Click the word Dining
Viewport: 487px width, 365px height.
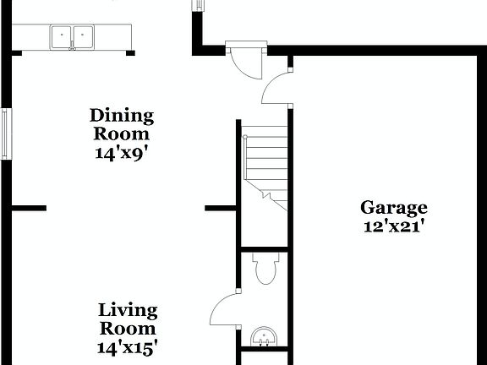122,116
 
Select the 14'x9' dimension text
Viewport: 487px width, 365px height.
122,153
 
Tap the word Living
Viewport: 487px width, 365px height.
128,310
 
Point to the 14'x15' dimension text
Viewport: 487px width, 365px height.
128,346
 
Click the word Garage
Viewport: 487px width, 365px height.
394,207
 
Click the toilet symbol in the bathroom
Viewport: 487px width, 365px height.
265,270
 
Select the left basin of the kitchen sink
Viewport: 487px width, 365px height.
62,36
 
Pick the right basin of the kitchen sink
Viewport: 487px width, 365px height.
82,36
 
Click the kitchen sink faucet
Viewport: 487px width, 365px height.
72,47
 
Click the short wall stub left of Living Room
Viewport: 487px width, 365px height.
29,207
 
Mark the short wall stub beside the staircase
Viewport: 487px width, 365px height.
220,207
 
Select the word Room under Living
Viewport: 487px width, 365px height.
128,329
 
